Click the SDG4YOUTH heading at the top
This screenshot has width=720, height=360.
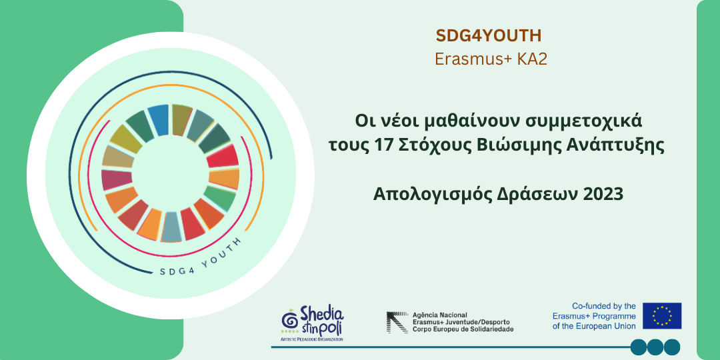(x=489, y=36)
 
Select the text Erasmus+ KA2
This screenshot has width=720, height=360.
(x=491, y=59)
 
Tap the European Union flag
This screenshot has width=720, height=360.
(x=662, y=316)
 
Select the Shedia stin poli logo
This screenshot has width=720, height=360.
(x=312, y=323)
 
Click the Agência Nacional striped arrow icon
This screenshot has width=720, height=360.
(x=397, y=322)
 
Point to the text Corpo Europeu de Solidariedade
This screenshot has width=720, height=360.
(x=463, y=329)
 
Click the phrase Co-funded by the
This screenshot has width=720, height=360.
(x=603, y=306)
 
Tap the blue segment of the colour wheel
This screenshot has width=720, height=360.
(x=159, y=119)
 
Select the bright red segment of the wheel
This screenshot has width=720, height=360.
(x=222, y=156)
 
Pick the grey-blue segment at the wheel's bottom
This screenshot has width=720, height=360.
(x=171, y=227)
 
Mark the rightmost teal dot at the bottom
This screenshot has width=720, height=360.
(x=672, y=347)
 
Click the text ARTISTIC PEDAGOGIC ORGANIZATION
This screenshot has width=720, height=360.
(x=312, y=339)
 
